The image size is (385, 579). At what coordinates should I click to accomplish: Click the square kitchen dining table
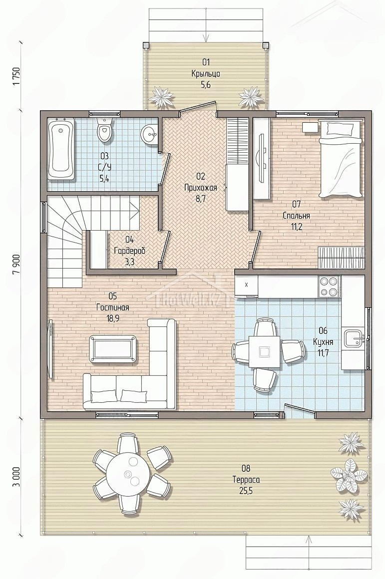(x=264, y=351)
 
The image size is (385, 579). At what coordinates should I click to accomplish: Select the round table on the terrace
(x=128, y=473)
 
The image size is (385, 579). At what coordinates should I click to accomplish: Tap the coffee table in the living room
(x=114, y=348)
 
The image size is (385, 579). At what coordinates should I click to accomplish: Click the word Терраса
(x=246, y=480)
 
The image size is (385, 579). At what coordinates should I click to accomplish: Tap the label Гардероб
(x=129, y=251)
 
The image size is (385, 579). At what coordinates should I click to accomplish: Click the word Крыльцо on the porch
(x=206, y=74)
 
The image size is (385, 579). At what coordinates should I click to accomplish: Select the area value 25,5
(x=246, y=491)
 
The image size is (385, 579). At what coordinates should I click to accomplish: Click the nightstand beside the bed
(x=310, y=127)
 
